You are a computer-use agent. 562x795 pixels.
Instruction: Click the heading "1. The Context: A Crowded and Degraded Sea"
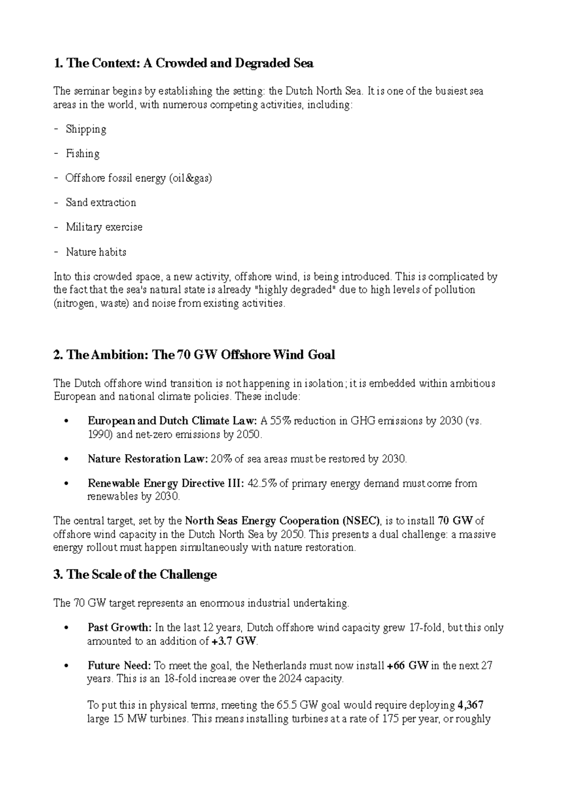(x=184, y=63)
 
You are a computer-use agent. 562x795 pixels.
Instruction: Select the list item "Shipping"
(x=86, y=129)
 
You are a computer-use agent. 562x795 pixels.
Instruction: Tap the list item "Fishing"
(x=82, y=154)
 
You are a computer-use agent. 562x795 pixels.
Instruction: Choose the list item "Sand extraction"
(x=101, y=202)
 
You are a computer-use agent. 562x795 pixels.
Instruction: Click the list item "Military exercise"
(x=104, y=227)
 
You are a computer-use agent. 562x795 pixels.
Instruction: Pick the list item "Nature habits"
(x=96, y=252)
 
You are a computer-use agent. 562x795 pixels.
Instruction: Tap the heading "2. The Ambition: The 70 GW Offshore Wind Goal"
(x=194, y=355)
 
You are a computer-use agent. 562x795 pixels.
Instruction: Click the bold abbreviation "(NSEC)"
(x=362, y=521)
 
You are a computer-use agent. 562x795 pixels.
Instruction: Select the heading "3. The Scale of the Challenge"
(x=135, y=575)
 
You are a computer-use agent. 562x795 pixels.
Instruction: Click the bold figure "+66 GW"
(x=408, y=666)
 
